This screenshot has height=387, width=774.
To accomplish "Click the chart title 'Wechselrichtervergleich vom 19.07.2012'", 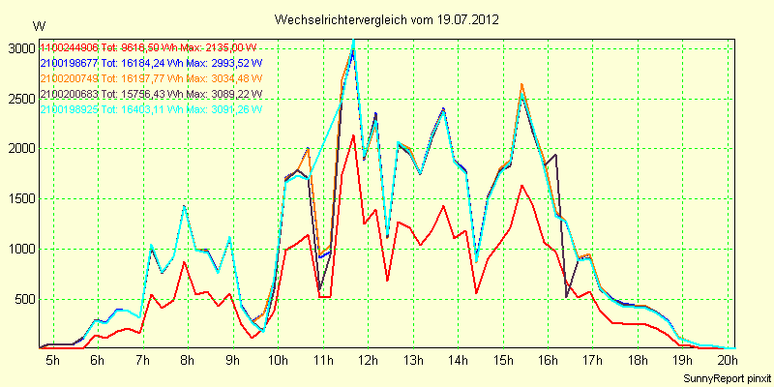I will pos(386,19).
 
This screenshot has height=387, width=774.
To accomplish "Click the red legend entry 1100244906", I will pos(69,47).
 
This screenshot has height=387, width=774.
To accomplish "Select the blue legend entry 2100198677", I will pos(69,63).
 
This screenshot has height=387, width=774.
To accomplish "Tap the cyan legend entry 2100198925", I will pos(69,110).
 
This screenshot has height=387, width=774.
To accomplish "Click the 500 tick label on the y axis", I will pos(22,299).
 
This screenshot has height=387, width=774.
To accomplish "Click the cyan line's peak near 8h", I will pos(184,205).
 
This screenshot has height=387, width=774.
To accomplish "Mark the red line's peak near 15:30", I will pos(521,185).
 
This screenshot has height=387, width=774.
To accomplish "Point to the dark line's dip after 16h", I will pos(567,297).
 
